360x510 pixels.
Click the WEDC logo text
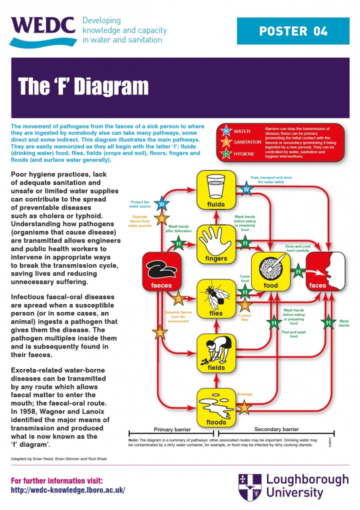tap(43, 25)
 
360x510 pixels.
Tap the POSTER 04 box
tap(293, 31)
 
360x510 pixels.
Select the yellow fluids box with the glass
tap(215, 189)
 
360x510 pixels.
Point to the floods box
tap(215, 407)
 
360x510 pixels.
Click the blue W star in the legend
tap(225, 131)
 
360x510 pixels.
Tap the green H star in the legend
tap(225, 153)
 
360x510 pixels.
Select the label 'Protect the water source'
tap(139, 204)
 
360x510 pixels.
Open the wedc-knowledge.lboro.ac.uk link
tap(68, 490)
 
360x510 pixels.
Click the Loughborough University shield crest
tap(249, 486)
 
